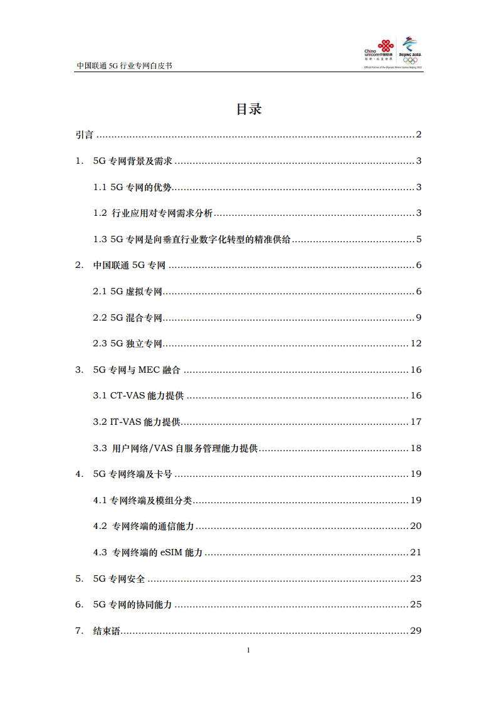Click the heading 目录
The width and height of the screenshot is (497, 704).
click(248, 109)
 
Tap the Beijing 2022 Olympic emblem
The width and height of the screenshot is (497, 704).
click(410, 50)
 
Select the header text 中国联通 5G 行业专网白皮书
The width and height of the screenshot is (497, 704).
click(124, 65)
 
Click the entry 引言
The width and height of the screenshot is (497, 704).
click(84, 135)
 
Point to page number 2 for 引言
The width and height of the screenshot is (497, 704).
click(419, 135)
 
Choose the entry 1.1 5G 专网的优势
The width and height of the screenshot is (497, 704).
click(132, 187)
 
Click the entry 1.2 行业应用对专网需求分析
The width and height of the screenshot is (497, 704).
click(154, 213)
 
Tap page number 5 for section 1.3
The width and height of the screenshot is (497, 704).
click(419, 239)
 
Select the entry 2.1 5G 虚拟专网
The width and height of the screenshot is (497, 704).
click(128, 291)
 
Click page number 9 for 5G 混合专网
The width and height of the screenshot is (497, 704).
click(419, 317)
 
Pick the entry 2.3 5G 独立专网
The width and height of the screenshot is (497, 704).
click(128, 343)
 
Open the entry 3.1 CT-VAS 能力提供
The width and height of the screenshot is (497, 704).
click(139, 396)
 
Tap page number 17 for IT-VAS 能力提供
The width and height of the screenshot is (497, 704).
click(416, 422)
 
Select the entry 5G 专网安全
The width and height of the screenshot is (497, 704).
click(119, 579)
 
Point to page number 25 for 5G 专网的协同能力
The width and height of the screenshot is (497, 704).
click(416, 605)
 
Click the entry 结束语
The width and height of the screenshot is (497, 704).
click(106, 631)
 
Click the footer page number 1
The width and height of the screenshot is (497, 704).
click(249, 650)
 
